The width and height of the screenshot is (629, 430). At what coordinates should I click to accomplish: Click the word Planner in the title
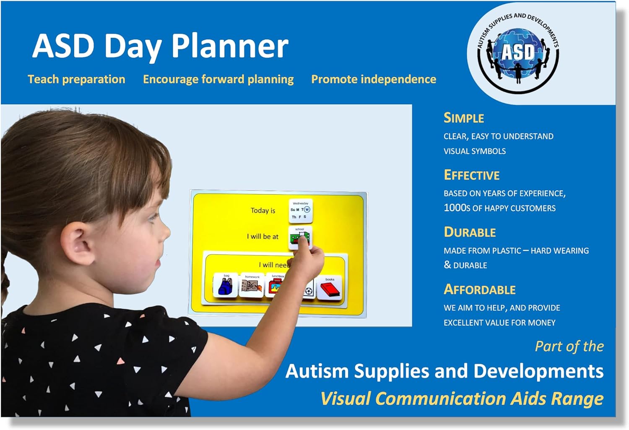(230, 46)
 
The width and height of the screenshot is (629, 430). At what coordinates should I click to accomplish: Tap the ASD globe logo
(518, 52)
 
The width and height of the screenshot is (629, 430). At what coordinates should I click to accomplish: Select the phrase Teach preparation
(76, 79)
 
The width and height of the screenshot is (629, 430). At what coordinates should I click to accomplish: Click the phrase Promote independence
(374, 79)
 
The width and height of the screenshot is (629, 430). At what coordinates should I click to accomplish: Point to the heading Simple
(464, 118)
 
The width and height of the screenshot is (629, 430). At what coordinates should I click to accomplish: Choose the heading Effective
(472, 175)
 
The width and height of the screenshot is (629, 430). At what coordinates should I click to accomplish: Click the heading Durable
(470, 232)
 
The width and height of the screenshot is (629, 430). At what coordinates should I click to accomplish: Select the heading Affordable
(480, 290)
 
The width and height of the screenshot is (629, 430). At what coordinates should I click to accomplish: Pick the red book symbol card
(330, 288)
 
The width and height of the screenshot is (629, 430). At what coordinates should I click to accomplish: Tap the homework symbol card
(252, 286)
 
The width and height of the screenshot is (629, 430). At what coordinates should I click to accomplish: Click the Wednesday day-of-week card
(301, 211)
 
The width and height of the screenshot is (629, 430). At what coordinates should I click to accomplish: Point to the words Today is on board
(263, 211)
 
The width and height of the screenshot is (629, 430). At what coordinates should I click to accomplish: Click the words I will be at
(263, 237)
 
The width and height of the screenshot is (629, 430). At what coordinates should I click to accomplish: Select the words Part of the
(569, 347)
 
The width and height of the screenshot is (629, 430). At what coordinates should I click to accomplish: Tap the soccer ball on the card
(309, 290)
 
